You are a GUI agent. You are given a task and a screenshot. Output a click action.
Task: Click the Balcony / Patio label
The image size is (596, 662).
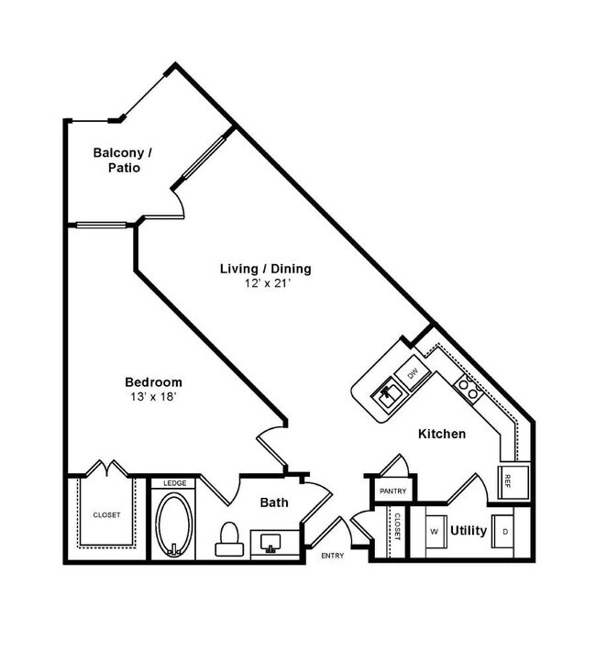point(122,160)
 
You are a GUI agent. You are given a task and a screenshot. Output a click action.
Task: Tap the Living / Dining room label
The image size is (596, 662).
point(265,269)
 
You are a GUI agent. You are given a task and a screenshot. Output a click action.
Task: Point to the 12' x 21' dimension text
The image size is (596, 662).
point(265,283)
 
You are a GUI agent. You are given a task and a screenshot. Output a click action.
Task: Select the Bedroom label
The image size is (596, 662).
point(153,382)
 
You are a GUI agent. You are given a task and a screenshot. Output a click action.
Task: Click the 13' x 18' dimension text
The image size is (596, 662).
point(153,396)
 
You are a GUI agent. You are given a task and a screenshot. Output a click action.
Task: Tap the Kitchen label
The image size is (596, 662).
point(442,434)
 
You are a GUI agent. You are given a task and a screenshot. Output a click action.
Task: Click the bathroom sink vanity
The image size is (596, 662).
point(270,544)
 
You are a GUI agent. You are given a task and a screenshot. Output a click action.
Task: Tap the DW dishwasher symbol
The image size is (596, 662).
point(414,373)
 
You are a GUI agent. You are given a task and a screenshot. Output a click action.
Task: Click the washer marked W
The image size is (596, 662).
point(435,531)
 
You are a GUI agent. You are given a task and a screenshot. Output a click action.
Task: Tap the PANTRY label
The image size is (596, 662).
point(392,491)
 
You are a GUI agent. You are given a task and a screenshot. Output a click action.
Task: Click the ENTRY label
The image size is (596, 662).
point(332,556)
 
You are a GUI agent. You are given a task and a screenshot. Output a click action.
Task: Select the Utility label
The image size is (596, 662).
point(469,530)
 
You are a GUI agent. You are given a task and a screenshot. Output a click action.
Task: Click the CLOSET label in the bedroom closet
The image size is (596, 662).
point(106,515)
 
